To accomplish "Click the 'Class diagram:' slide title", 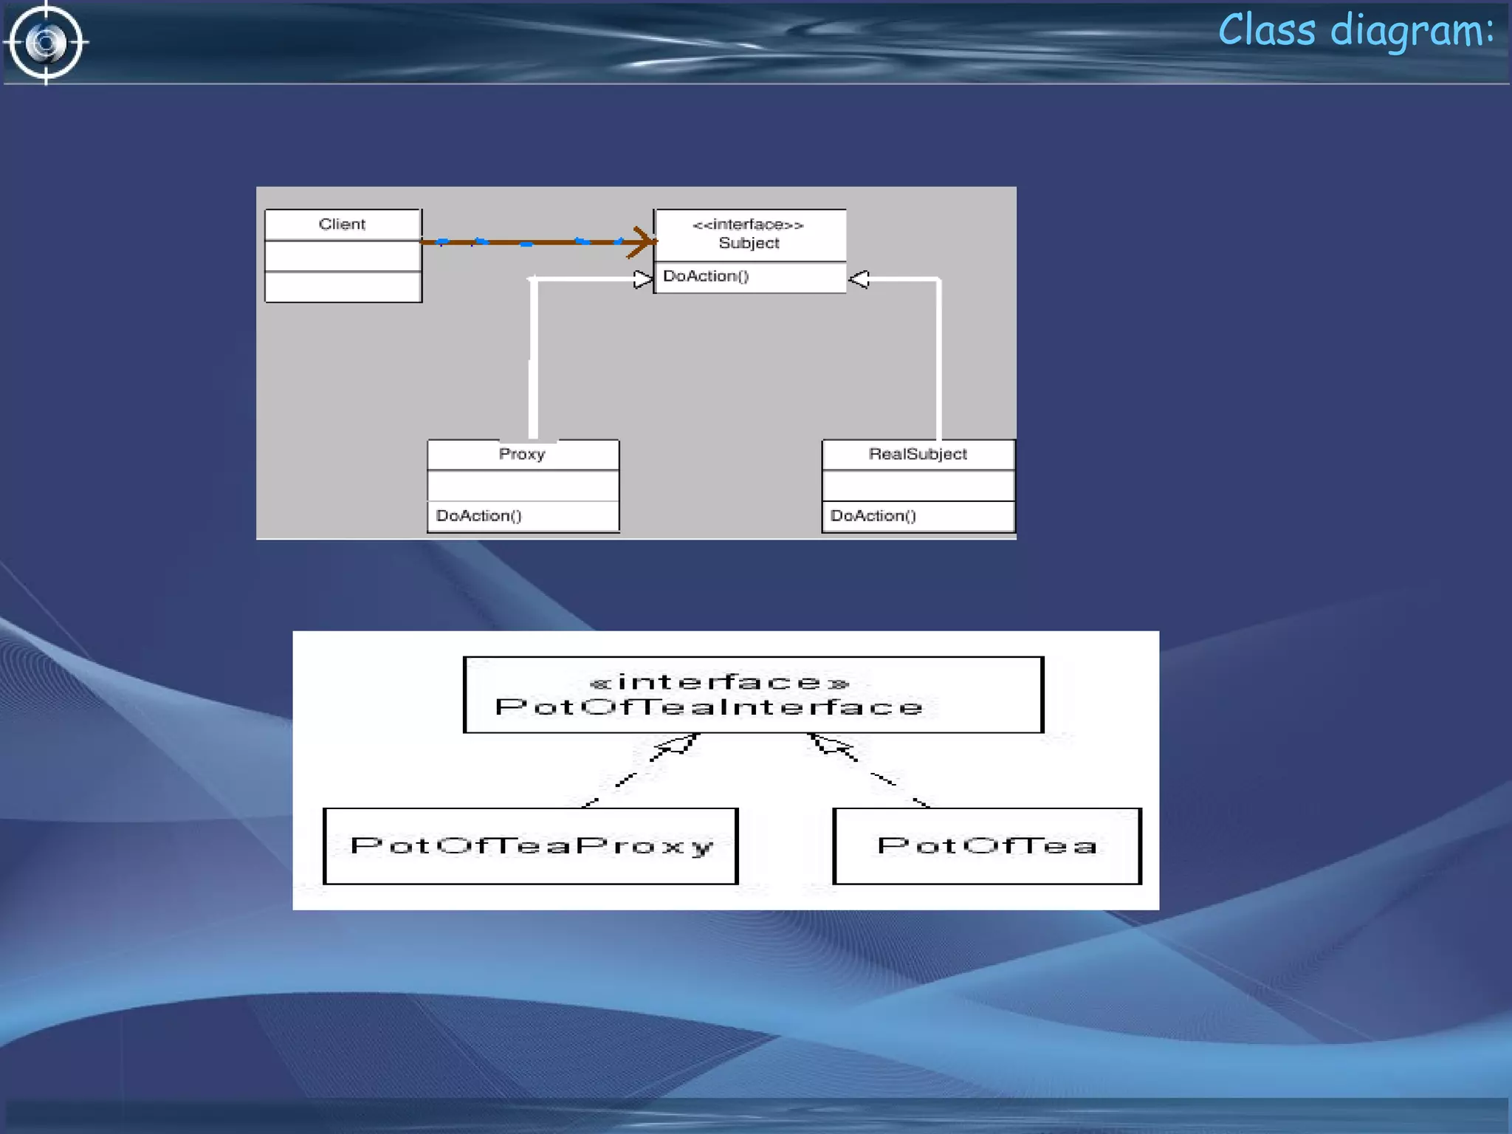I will tap(1355, 31).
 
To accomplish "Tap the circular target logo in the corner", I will tap(46, 43).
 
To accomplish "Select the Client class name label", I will tap(342, 224).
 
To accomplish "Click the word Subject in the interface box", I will tap(749, 244).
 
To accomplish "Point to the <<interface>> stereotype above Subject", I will tap(748, 224).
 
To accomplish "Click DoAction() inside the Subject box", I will tap(706, 276).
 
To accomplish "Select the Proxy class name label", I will tap(522, 454).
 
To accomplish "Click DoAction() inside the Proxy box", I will tap(478, 515).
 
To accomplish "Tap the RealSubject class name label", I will tap(918, 454).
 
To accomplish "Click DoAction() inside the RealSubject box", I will tap(873, 515).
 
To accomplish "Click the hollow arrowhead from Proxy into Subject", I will tap(643, 280).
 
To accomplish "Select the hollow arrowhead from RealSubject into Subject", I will tap(859, 279).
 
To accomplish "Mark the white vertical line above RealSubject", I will tap(938, 362).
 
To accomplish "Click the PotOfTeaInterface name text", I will tap(709, 707).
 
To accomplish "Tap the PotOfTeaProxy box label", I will tap(532, 846).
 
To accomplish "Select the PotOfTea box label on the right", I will tap(987, 846).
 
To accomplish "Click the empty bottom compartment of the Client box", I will tap(343, 287).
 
